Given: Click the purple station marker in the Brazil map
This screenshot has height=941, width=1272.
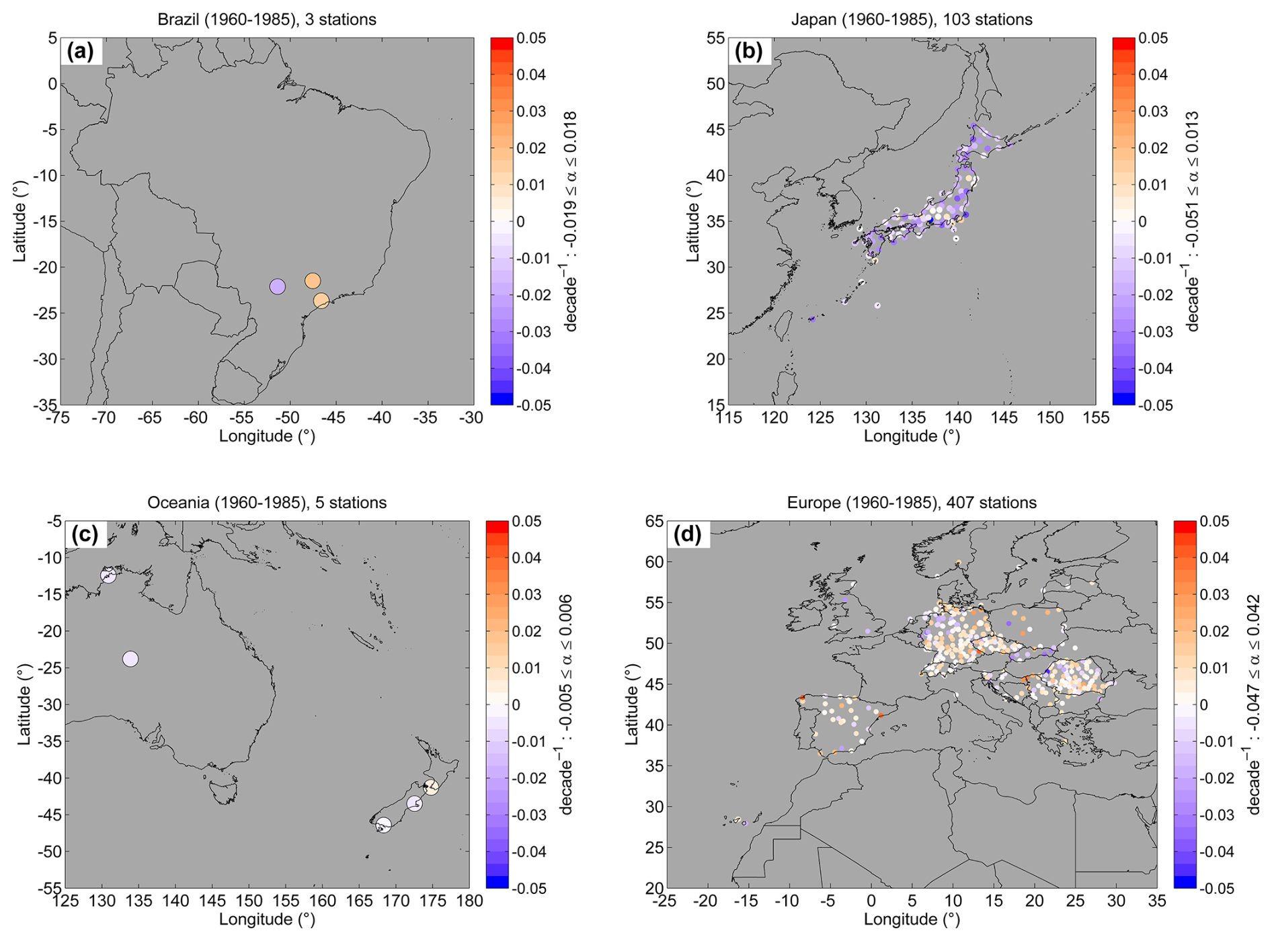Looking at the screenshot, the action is pos(277,286).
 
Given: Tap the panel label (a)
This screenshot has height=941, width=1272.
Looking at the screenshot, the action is pos(81,51).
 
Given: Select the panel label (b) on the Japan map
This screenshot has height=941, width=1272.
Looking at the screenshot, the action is pos(749,51).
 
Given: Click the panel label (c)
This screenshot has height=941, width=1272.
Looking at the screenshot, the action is pos(85,534).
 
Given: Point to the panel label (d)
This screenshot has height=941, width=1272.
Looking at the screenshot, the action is pos(687,534).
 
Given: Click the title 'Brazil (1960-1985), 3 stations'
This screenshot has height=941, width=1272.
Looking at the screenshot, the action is pos(267,19).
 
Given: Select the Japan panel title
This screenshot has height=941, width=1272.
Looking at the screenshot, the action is pos(912,19).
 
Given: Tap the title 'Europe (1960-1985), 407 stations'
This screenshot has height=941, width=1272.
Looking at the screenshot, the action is pos(912,503).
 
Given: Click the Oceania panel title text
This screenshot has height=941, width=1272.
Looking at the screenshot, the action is pos(267,503).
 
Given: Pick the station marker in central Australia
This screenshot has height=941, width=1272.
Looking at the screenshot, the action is pos(130,659).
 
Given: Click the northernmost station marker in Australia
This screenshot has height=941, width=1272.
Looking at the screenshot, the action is pos(108,575).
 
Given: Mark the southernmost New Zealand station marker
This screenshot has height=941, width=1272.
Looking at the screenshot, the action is pos(383,825).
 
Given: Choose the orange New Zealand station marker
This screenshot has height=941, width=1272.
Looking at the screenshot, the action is pos(430,786).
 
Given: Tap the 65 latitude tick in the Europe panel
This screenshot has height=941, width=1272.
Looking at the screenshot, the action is pos(655,522).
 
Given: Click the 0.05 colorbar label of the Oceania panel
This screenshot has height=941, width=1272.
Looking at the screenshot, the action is pos(527,522).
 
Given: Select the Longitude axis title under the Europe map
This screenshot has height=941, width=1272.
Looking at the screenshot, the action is pos(912,919).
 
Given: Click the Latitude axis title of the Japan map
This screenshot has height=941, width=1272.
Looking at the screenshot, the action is pos(693,221).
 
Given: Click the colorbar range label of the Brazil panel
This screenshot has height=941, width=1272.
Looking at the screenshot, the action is pos(570,221).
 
